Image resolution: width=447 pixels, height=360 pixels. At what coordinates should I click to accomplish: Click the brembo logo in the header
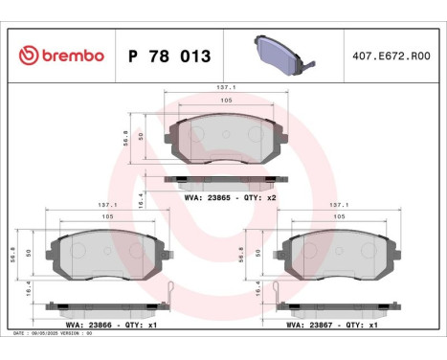[60, 55]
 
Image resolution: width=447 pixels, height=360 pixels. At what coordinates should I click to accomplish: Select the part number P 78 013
[168, 55]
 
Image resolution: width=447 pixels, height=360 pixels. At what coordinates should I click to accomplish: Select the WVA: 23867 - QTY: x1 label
[334, 325]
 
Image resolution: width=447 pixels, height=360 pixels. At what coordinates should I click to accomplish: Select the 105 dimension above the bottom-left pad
[107, 217]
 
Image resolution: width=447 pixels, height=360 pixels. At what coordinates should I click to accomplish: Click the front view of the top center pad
[226, 138]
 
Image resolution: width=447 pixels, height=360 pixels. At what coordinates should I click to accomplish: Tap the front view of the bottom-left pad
[107, 254]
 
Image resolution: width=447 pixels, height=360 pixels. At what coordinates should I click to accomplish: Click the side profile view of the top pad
[226, 179]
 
